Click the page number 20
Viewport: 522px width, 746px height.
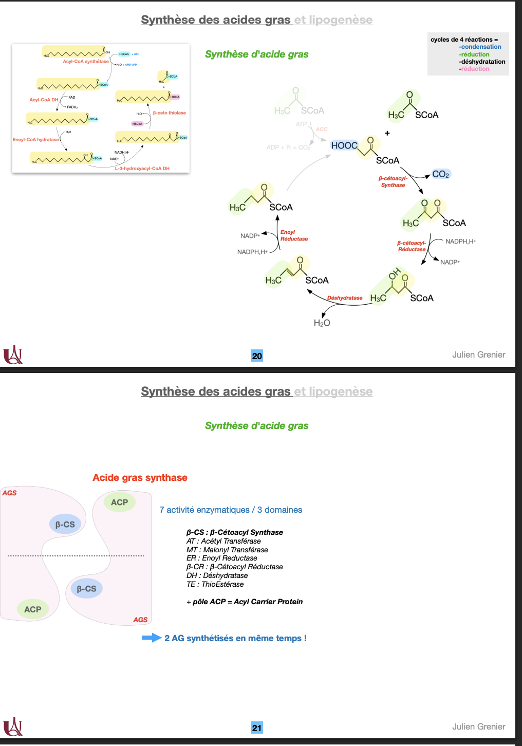(257, 356)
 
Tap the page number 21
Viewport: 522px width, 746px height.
(257, 728)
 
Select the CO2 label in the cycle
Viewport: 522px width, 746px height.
(441, 174)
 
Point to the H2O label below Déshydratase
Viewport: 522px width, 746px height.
(322, 323)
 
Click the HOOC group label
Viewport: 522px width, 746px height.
(344, 145)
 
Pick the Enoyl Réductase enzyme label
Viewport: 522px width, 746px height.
(294, 235)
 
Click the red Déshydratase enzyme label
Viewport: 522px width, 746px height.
(345, 297)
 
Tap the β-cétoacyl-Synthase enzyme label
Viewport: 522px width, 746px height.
(393, 182)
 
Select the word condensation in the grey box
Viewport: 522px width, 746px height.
(481, 47)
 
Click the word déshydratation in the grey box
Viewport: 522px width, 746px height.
(483, 62)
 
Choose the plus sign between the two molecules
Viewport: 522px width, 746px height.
(387, 133)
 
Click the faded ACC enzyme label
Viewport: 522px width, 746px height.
(322, 129)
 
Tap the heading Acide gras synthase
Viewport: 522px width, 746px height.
(140, 477)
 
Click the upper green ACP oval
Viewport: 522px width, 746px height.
(119, 502)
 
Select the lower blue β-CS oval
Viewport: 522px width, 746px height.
(86, 589)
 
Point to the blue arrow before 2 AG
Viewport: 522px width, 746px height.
(152, 638)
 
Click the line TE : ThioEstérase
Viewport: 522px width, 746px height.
(215, 584)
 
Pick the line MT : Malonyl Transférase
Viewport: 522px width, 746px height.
(227, 550)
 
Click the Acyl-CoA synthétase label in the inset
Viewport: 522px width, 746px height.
(86, 61)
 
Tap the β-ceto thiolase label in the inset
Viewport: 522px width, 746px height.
(169, 113)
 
